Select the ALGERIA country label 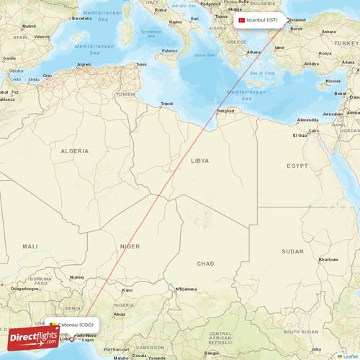(x=74, y=150)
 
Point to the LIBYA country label (x=199, y=162)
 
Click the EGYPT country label (x=297, y=166)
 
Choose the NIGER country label (x=130, y=246)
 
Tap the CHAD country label (x=205, y=264)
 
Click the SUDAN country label (x=292, y=251)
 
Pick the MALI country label (x=30, y=246)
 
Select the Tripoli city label (x=166, y=104)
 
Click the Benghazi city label (x=225, y=111)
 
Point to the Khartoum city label (x=328, y=259)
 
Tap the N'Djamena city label (x=186, y=289)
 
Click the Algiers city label (x=85, y=64)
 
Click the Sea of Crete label (x=261, y=73)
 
